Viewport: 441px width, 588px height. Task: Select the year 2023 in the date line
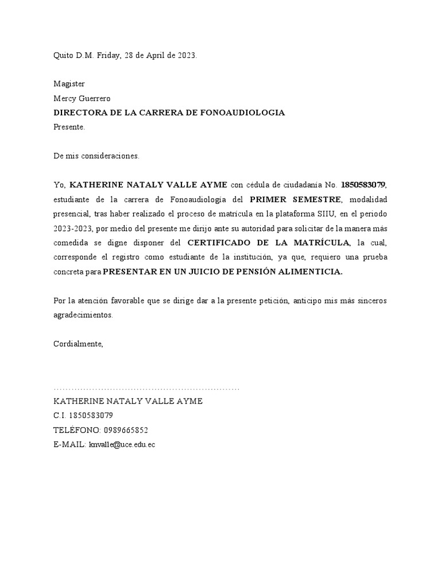point(185,56)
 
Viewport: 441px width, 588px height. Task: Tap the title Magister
point(69,84)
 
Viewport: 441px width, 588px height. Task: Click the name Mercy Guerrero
point(82,98)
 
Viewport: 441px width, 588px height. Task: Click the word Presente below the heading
point(68,127)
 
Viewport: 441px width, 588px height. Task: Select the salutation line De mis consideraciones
point(96,156)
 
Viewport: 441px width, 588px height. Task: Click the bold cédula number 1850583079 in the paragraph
point(363,184)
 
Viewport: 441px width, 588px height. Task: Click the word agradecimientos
point(83,315)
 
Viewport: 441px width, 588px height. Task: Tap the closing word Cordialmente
point(78,344)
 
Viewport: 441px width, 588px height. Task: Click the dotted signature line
point(146,389)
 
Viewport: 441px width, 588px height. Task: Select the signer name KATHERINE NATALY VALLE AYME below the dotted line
point(127,401)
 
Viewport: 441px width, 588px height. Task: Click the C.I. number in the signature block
point(91,415)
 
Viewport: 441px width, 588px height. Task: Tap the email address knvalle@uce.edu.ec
point(122,444)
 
